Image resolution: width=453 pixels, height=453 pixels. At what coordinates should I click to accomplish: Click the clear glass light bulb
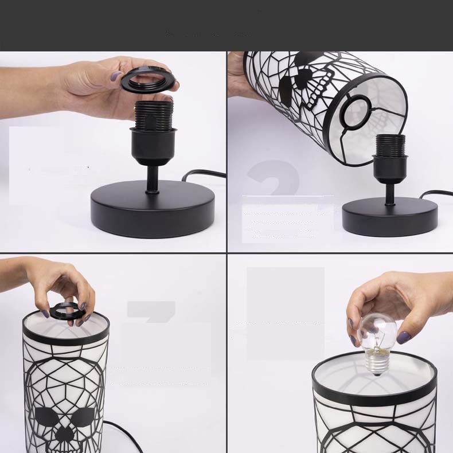click(377, 333)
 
